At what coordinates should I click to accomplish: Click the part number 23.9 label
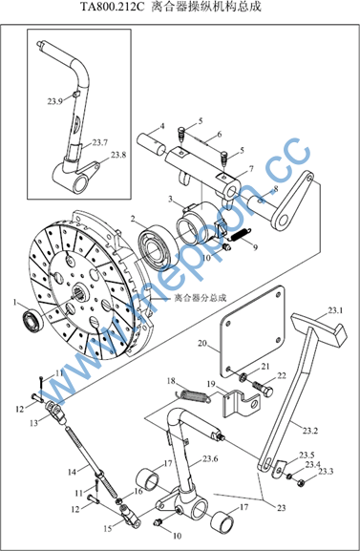[54, 101]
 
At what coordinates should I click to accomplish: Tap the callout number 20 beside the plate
[202, 343]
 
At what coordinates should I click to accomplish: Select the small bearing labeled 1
[33, 321]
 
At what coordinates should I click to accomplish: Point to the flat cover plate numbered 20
[252, 330]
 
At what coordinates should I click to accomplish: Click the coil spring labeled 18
[193, 395]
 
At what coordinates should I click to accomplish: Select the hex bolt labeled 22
[263, 389]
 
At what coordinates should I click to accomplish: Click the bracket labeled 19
[242, 404]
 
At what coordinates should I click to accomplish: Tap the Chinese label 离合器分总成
[201, 298]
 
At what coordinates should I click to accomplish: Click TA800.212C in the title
[113, 7]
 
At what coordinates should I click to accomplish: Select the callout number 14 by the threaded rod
[72, 472]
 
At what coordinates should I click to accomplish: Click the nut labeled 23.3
[302, 483]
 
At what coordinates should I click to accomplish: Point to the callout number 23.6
[210, 458]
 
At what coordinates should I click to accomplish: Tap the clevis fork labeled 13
[56, 412]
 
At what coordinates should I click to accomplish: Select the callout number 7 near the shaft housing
[251, 169]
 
